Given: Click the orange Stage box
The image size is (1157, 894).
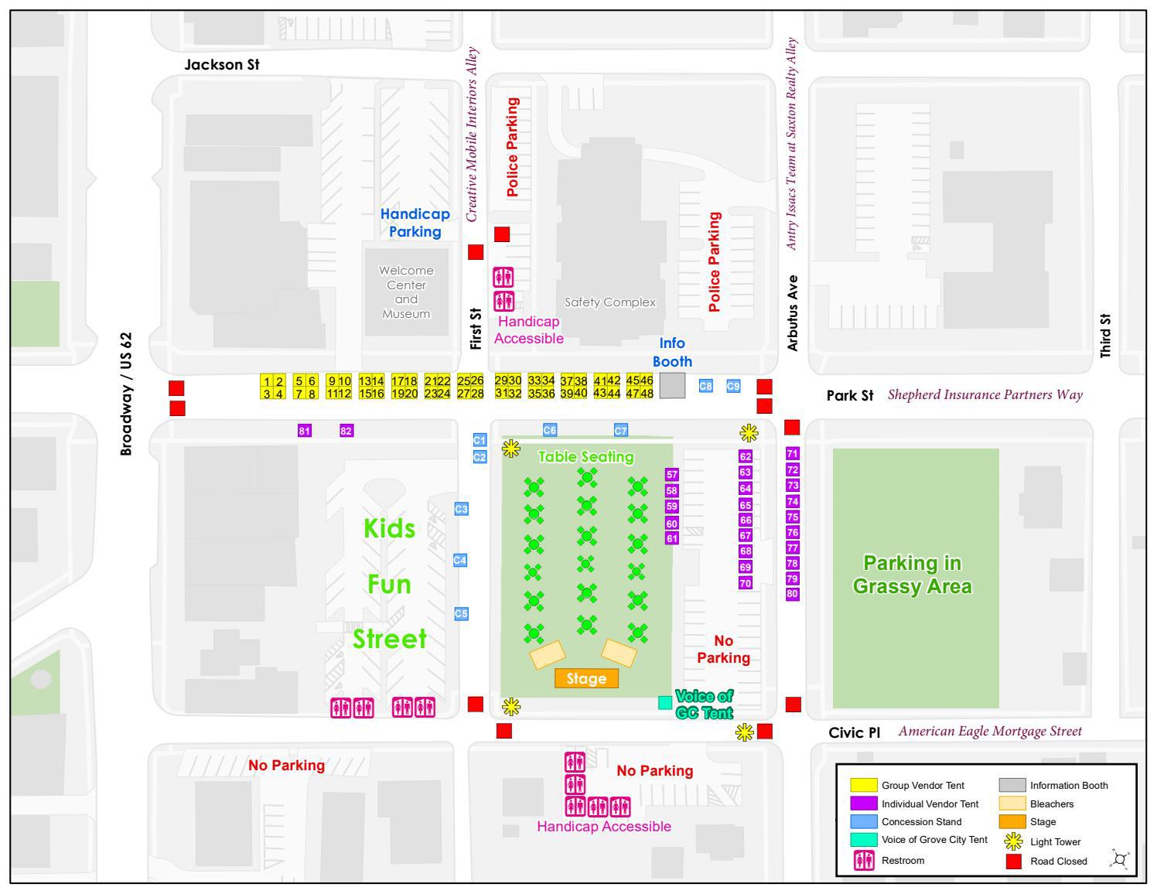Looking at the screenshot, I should click(586, 678).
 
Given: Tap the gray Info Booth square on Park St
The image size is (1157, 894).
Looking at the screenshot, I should click(672, 385).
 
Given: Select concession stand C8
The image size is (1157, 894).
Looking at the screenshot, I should click(705, 386).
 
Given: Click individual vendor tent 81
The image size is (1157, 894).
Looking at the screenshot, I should click(305, 431).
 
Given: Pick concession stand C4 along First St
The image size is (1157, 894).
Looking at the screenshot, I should click(460, 560).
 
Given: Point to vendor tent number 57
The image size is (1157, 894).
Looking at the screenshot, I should click(671, 475).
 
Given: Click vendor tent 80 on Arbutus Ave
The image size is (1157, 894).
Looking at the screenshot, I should click(792, 594).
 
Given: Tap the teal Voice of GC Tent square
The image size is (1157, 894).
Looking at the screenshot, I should click(664, 702).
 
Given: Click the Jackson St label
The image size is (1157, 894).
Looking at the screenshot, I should click(222, 65).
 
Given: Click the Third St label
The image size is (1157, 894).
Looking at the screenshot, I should click(1105, 335).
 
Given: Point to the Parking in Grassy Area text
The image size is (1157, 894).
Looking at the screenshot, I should click(912, 574).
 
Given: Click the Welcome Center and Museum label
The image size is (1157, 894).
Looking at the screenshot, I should click(406, 292).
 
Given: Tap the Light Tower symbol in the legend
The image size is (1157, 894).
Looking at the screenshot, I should click(1013, 841).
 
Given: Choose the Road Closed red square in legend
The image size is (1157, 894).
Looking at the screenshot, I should click(1013, 861).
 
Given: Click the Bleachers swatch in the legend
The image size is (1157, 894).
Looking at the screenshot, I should click(1012, 804).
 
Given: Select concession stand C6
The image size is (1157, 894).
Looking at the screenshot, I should click(550, 430).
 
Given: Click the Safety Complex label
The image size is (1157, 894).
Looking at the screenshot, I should click(610, 302).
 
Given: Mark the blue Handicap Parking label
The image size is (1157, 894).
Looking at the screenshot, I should click(415, 223).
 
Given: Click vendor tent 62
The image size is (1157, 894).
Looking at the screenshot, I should click(746, 456).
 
